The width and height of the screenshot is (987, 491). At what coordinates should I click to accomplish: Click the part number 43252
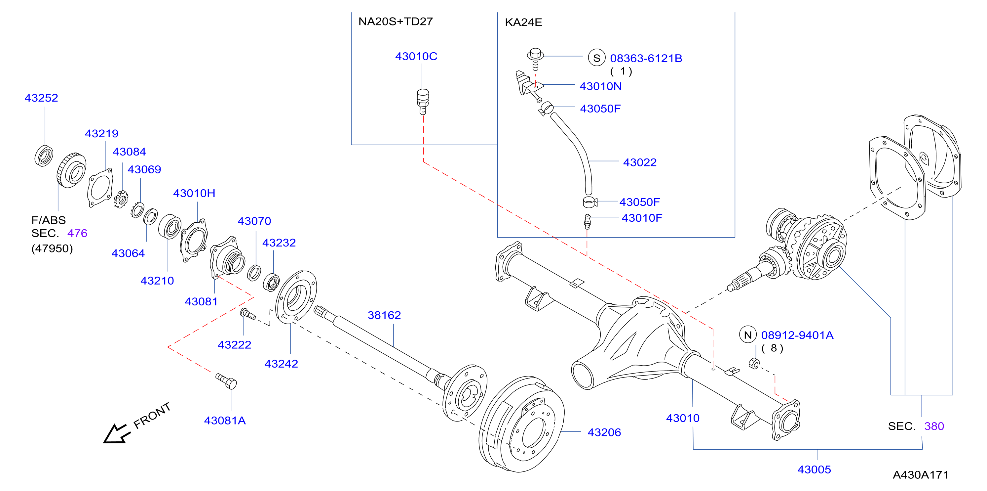coord(41,98)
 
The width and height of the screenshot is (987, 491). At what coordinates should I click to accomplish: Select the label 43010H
coord(194,193)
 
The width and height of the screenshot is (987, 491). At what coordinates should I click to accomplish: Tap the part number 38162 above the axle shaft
coord(384,315)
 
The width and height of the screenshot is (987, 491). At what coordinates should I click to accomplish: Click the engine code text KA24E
coord(523,22)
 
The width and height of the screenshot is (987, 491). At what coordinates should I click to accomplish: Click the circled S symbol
coord(596,58)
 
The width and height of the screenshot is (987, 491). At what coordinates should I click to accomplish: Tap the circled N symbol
coord(747,335)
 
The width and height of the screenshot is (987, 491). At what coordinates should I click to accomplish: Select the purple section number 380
coord(934,426)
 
